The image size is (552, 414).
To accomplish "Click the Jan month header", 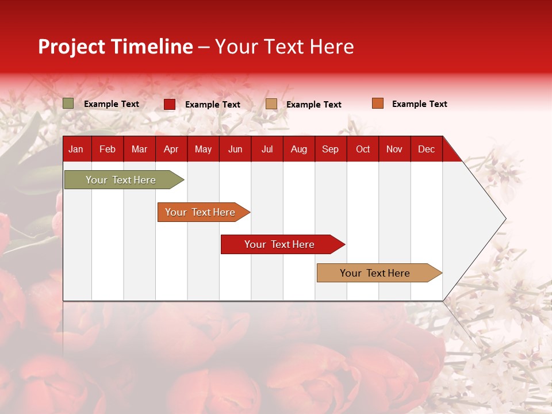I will coord(76,149).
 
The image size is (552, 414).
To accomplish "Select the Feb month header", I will coord(108,149).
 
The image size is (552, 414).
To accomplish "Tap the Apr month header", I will coord(171,149).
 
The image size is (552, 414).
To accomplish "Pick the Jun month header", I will coord(235,149).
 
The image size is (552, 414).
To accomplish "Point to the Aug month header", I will coord(298,149).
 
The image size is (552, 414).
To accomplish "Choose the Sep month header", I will coord(330,149).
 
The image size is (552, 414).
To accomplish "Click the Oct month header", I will coord(362,149).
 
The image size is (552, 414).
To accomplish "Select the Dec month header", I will coord(426,149).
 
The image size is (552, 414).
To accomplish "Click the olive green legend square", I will coord(68,103).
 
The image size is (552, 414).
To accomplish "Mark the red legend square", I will coord(170,104).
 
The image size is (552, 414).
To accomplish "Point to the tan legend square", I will coord(271,104).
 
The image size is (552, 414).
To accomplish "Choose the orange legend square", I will coord(378,103).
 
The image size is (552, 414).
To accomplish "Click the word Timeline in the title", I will coord(151,47).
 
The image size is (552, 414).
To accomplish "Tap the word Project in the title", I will coord(72,47).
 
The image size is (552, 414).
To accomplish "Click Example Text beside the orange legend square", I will coord(419,104).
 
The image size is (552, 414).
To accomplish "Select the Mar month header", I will coord(139,149).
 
